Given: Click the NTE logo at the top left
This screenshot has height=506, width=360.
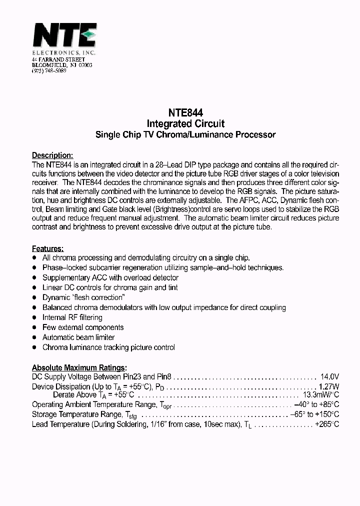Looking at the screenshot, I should tap(64, 37).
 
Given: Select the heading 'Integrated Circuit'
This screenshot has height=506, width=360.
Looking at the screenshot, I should tap(185, 123).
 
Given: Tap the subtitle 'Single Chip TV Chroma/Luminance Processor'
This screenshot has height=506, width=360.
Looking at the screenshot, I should tap(185, 134).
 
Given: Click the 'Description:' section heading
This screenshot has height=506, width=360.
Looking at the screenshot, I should tap(52, 155).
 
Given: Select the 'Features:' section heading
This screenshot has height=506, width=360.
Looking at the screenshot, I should tap(47, 248).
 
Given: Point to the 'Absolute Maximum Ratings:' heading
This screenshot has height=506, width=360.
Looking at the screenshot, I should tap(79, 367).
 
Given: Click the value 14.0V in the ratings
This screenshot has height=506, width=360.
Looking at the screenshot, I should tap(329, 377).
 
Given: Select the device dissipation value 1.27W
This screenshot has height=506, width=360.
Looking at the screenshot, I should tap(328, 386).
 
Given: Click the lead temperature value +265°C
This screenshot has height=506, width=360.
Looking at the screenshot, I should tap(326, 424).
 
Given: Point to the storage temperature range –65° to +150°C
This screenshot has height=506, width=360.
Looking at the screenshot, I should tap(314, 414).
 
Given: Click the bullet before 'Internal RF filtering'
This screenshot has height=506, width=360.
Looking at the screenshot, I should tap(34, 317).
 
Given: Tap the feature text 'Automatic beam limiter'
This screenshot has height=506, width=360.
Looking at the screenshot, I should tap(78, 337).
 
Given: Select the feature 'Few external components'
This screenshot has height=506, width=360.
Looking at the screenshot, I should tap(83, 327).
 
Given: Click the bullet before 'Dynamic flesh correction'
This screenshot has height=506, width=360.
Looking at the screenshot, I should tap(34, 297).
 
